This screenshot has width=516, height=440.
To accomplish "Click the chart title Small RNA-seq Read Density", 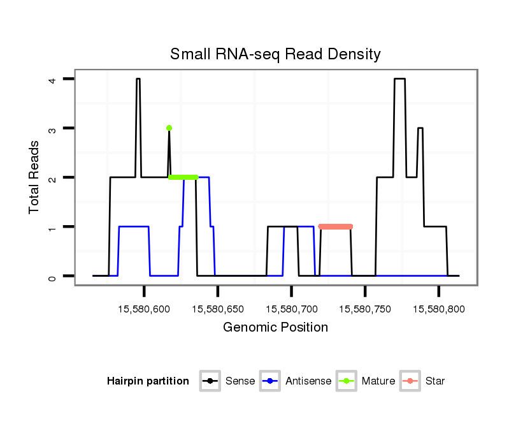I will [x=275, y=54].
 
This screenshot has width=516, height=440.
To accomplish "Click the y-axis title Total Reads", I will [x=35, y=177].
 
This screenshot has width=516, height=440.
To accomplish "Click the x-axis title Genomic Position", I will [x=275, y=328].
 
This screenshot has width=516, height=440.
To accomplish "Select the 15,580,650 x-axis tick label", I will [x=217, y=309].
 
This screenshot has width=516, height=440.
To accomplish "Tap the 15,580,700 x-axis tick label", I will [x=291, y=309].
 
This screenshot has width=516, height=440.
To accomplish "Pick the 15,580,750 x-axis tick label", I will [x=364, y=309].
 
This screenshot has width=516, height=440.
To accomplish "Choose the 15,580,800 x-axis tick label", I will [x=438, y=309].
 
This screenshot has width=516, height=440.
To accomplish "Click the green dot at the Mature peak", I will [x=169, y=128].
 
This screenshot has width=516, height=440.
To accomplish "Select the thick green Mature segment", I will [x=183, y=177].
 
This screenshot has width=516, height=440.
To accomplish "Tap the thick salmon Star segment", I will [x=336, y=226].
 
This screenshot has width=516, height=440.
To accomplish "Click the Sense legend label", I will [x=240, y=381].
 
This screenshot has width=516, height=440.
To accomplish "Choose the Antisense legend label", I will [x=308, y=381].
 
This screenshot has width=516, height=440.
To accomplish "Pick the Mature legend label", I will [x=378, y=381].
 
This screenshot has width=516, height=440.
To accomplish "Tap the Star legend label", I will [x=435, y=381].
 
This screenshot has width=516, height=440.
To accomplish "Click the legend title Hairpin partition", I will [x=148, y=381].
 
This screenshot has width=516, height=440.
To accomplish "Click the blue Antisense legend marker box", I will [x=271, y=381].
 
